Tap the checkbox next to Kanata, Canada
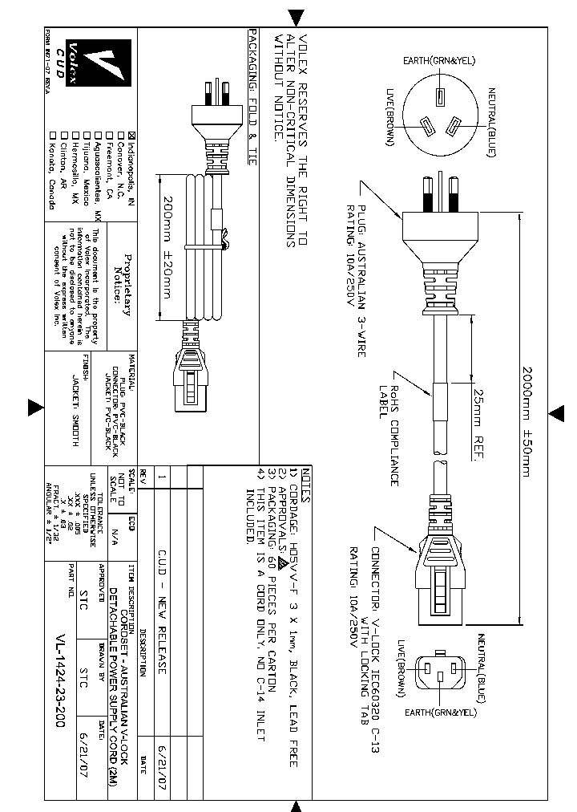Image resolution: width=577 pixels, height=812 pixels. point(53,136)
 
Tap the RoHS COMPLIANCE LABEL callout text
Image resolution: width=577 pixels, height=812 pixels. point(390,430)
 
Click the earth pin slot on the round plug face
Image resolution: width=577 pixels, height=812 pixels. point(438,97)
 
